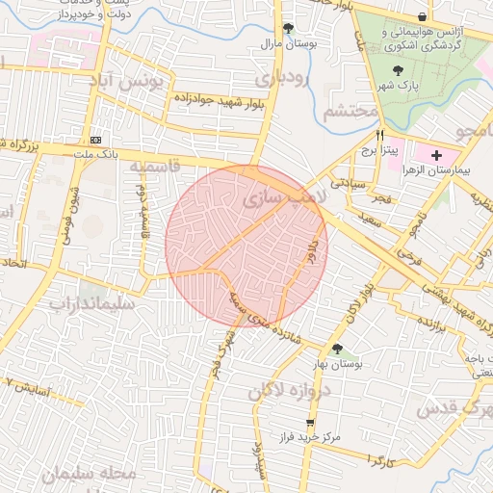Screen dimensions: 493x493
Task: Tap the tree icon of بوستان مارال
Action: coord(288,28)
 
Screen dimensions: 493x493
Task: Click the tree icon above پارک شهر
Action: coord(400,69)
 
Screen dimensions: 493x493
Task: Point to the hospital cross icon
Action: coord(437,154)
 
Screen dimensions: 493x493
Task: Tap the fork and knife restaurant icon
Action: coord(380,136)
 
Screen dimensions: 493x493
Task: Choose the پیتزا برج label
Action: coord(379,151)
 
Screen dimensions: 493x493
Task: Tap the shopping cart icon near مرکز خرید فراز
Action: coord(309,423)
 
